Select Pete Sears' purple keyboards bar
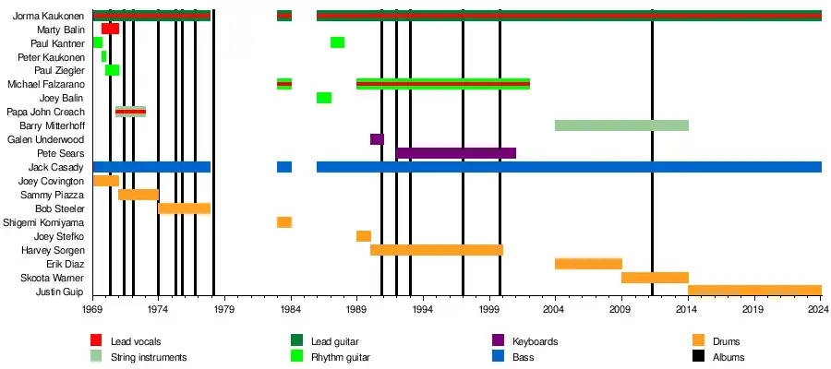click(x=456, y=153)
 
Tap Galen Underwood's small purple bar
click(x=377, y=139)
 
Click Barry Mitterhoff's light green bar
click(x=621, y=125)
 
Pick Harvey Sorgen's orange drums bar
click(x=437, y=250)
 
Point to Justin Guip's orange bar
click(x=754, y=291)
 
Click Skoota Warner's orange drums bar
click(x=655, y=278)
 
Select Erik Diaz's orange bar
click(x=588, y=264)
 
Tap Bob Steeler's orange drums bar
click(x=185, y=208)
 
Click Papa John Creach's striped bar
click(x=130, y=112)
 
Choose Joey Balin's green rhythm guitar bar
click(x=324, y=98)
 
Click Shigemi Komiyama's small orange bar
click(x=284, y=222)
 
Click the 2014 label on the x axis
click(x=688, y=312)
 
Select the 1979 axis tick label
click(x=224, y=312)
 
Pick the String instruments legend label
click(x=149, y=357)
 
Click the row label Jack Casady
click(x=58, y=167)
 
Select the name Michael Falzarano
click(x=46, y=84)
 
